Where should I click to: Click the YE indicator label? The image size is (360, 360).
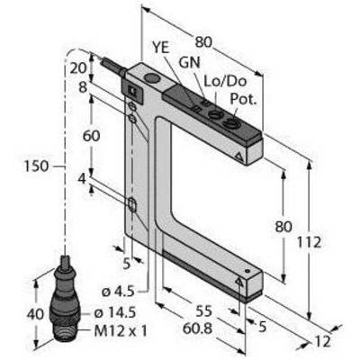161,48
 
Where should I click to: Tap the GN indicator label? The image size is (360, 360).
189,63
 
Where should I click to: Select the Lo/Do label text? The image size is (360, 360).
225,81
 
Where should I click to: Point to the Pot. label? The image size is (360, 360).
244,99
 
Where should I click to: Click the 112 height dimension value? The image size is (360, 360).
309,242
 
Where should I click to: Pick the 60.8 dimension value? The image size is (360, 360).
197,328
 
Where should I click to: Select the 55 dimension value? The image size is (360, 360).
204,311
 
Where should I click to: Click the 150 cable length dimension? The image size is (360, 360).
36,166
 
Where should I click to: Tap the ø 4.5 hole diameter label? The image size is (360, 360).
118,292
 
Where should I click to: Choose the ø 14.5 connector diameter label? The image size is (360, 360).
115,313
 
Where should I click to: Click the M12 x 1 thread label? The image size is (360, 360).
121,331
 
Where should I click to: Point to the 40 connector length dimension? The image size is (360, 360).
35,314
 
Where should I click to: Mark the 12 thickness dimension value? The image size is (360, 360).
322,342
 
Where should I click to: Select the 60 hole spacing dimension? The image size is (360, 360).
91,136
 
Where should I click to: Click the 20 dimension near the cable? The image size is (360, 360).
78,68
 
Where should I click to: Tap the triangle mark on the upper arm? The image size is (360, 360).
239,157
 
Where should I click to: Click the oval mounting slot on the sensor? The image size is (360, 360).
132,204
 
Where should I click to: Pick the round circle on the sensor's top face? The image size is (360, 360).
152,78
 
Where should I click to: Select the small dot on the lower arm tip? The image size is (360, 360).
247,271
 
